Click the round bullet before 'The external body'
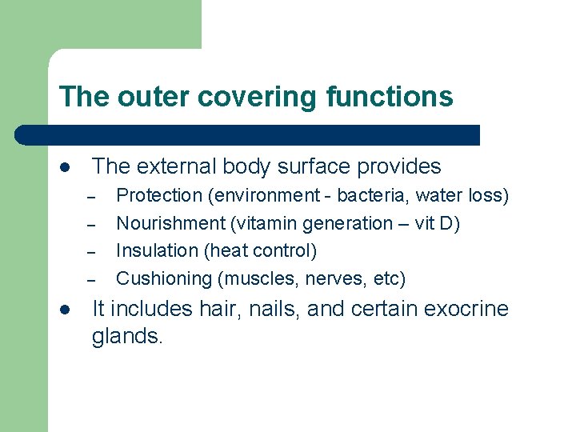pyautogui.click(x=65, y=167)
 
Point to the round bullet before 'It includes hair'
pyautogui.click(x=65, y=310)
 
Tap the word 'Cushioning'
pyautogui.click(x=162, y=279)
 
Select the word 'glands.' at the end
pyautogui.click(x=127, y=337)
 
